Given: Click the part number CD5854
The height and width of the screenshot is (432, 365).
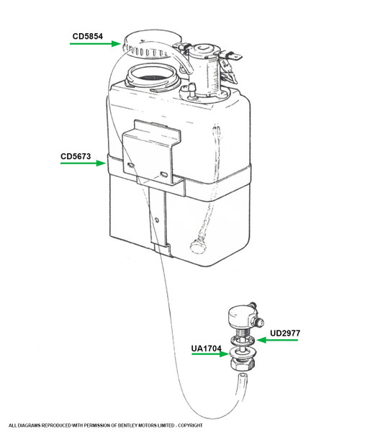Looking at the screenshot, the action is pyautogui.click(x=88, y=37).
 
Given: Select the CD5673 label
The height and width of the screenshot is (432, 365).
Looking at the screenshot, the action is pyautogui.click(x=76, y=156).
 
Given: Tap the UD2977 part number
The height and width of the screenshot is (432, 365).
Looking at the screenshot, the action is pyautogui.click(x=285, y=333).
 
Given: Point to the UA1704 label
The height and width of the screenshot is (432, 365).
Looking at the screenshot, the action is pyautogui.click(x=207, y=348).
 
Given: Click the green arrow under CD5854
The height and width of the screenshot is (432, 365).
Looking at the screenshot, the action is pyautogui.click(x=95, y=43).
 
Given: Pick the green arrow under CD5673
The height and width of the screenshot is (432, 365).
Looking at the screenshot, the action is pyautogui.click(x=83, y=163).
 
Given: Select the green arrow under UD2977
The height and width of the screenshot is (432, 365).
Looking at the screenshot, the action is pyautogui.click(x=277, y=341).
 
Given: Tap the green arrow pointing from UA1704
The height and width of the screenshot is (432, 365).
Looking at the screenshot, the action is pyautogui.click(x=210, y=354).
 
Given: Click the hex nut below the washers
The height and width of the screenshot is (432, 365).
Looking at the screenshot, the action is pyautogui.click(x=243, y=364).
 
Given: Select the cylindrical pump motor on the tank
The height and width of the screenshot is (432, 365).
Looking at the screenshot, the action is pyautogui.click(x=204, y=69).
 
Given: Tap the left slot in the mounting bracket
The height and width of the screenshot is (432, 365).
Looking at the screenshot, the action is pyautogui.click(x=131, y=165).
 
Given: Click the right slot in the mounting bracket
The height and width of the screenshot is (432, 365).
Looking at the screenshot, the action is pyautogui.click(x=164, y=174).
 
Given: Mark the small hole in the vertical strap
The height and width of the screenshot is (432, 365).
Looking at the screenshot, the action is pyautogui.click(x=157, y=220).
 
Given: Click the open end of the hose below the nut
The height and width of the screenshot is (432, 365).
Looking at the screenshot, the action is pyautogui.click(x=243, y=376).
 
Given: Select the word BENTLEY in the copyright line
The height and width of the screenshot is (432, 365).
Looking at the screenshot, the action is pyautogui.click(x=127, y=426).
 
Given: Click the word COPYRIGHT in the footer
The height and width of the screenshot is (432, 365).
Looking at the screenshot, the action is pyautogui.click(x=191, y=426).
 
